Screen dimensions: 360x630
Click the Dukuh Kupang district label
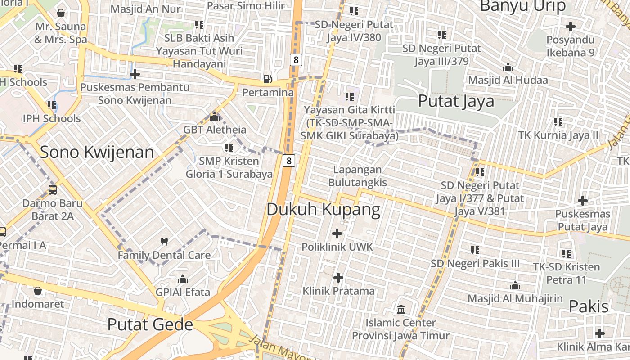324,210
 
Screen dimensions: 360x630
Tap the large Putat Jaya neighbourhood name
456,101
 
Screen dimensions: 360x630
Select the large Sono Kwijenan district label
97,153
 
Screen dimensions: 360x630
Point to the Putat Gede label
150,324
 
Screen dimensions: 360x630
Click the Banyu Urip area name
522,6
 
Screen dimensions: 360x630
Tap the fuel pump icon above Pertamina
267,79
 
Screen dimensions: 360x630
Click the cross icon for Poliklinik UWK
337,234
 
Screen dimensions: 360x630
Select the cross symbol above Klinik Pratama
338,278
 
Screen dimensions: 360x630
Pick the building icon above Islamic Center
400,309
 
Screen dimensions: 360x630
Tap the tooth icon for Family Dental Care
164,242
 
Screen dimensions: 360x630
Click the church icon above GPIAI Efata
183,279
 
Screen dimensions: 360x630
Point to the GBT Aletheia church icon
215,117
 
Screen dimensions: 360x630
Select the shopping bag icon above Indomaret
38,291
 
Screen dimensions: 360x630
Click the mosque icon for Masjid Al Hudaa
508,67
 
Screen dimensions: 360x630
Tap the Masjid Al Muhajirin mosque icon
515,285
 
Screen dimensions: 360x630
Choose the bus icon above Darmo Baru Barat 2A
53,190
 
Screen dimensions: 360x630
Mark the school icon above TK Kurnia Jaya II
558,122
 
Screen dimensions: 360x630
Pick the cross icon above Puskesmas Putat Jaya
583,201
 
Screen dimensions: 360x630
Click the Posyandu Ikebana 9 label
570,46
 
